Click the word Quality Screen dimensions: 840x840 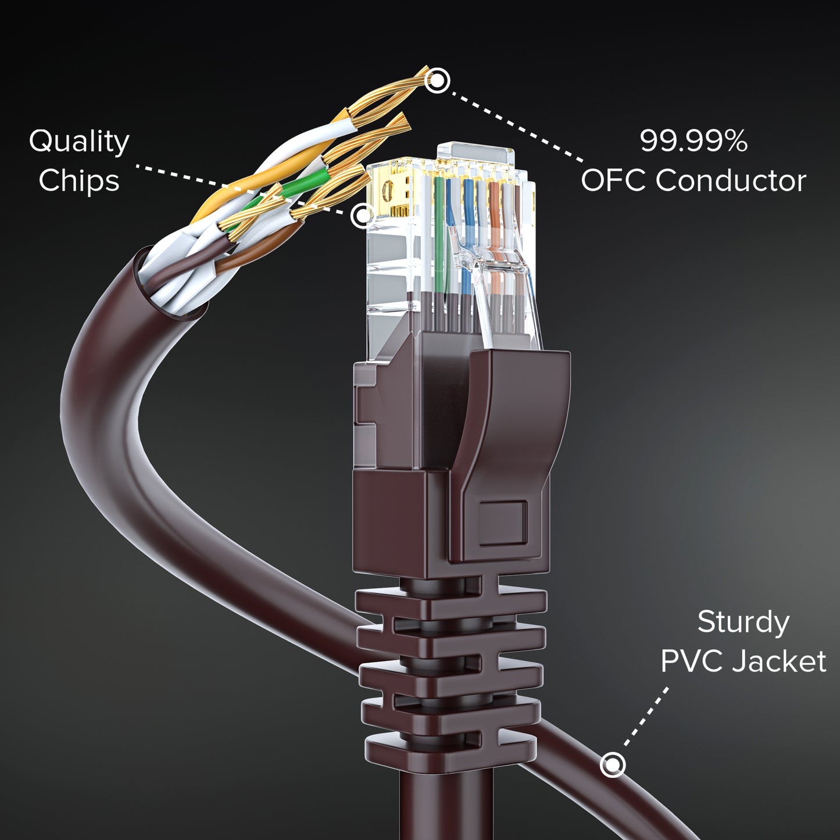(79, 142)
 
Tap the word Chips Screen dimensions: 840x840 (79, 180)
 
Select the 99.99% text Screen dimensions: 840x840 (694, 141)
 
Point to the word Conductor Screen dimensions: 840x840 (731, 180)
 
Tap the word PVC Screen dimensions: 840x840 (691, 662)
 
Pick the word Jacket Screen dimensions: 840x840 (778, 662)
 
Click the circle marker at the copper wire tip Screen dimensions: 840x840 (437, 80)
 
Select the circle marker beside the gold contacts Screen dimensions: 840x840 (362, 215)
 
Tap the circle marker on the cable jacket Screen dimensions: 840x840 (613, 764)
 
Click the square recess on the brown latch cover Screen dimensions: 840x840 (503, 523)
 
